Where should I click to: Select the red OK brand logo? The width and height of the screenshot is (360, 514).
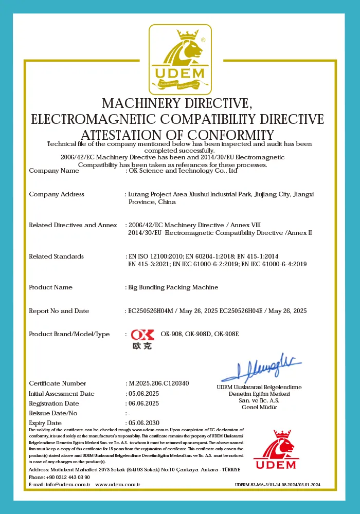[x=142, y=338]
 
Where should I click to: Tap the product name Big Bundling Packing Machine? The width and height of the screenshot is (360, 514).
[x=173, y=287]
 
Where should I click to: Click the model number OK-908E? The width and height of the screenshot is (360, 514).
[x=227, y=334]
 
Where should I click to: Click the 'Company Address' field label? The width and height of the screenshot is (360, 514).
[x=57, y=194]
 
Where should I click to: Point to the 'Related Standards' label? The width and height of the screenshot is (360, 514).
[x=56, y=256]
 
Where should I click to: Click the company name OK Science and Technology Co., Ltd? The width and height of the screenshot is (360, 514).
[x=183, y=171]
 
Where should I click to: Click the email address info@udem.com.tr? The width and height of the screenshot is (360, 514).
[x=68, y=484]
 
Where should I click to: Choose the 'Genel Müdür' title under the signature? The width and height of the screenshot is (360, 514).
[x=259, y=407]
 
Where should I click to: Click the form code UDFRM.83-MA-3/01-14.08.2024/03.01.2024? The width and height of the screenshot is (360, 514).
[x=278, y=485]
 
